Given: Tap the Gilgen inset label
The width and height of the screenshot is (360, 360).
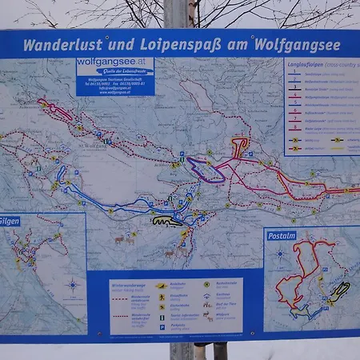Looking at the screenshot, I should [x=10, y=221].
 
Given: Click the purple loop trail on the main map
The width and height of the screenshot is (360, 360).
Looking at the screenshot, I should [x=204, y=170].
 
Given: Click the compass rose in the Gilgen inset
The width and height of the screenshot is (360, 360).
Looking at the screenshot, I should [x=73, y=285].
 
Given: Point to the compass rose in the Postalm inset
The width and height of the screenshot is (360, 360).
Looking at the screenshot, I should [x=279, y=254].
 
